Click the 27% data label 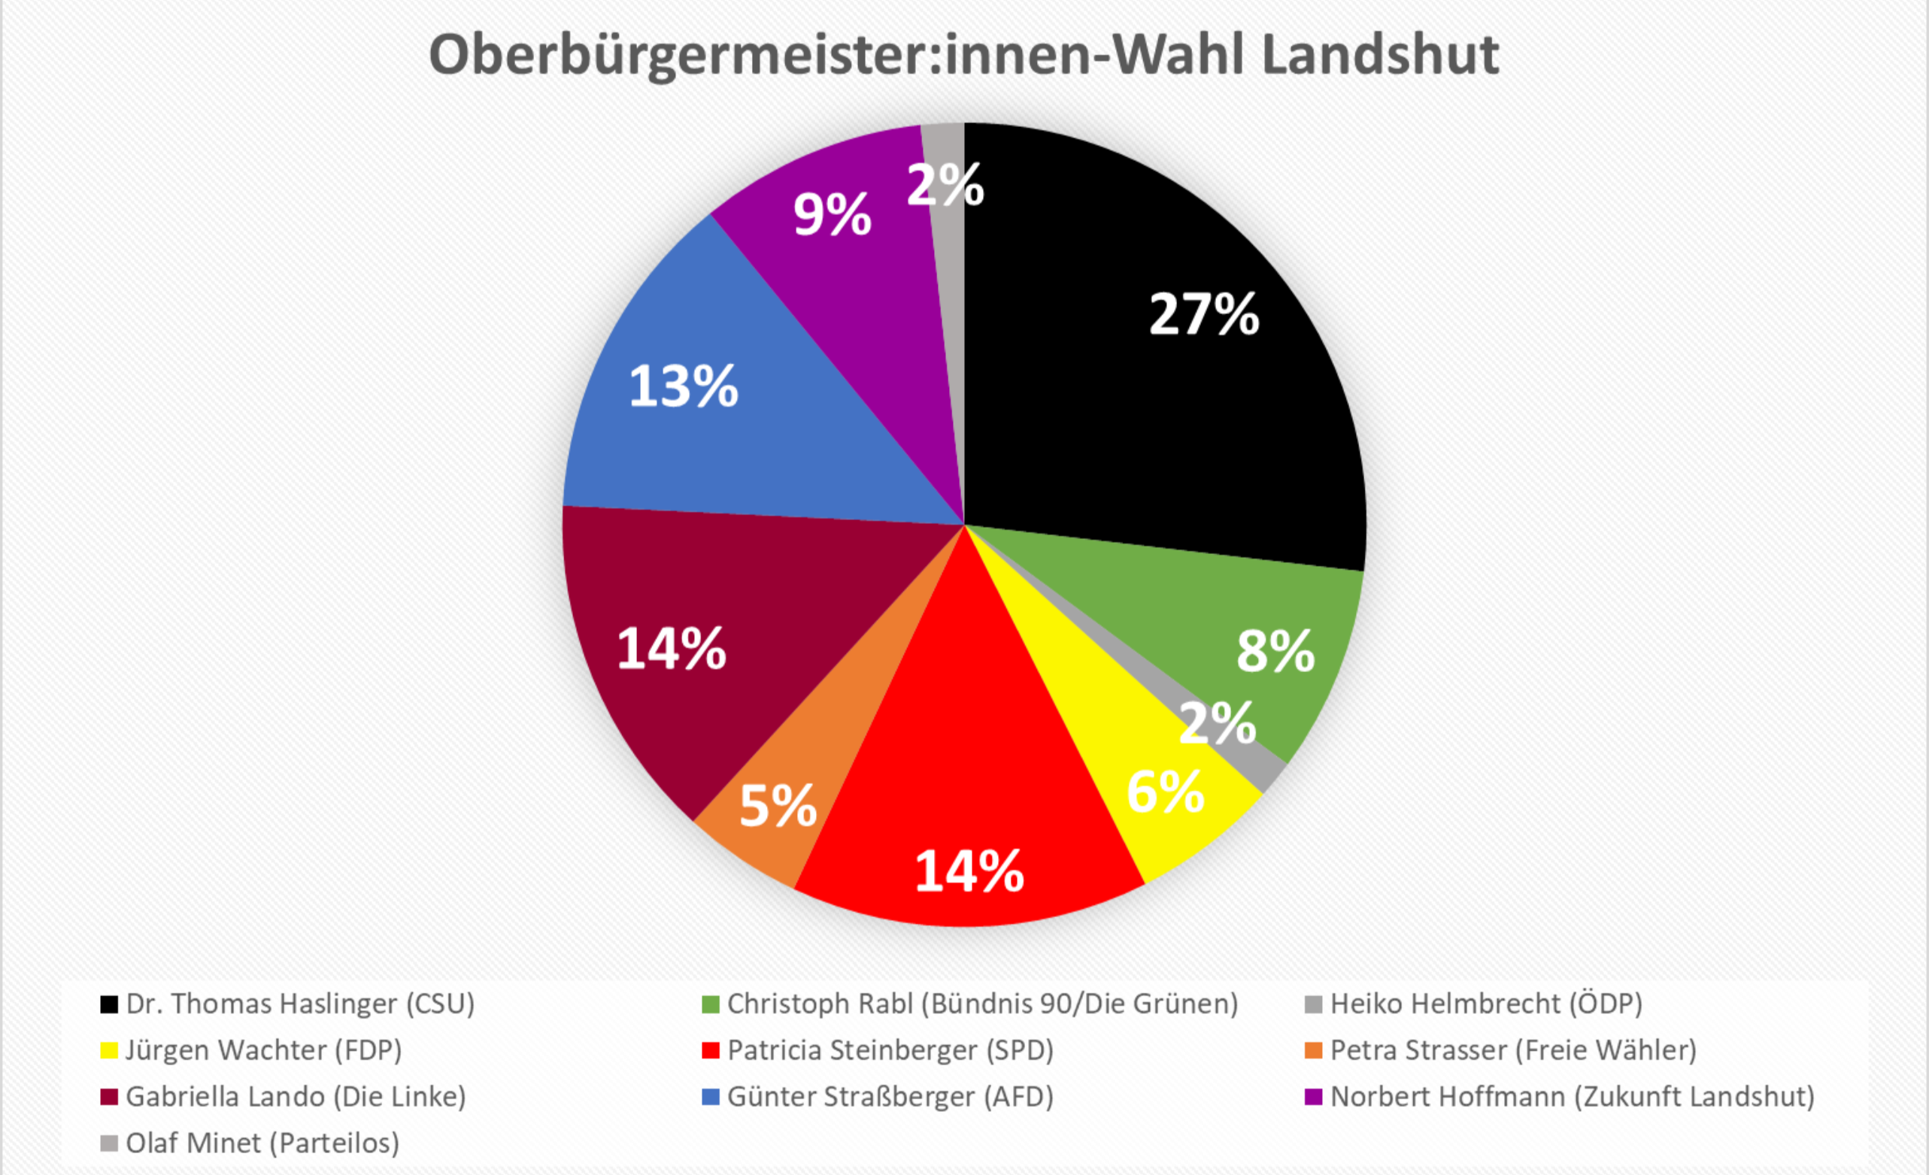[x=1204, y=315]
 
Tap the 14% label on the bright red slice [x=969, y=871]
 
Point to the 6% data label [x=1165, y=792]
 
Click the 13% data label [x=684, y=386]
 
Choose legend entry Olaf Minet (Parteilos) [x=262, y=1143]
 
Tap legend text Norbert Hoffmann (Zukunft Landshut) [x=1572, y=1096]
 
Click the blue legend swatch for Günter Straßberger [x=710, y=1097]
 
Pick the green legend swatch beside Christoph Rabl [x=710, y=1004]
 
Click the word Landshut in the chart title [x=1380, y=55]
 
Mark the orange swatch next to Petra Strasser [x=1314, y=1049]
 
